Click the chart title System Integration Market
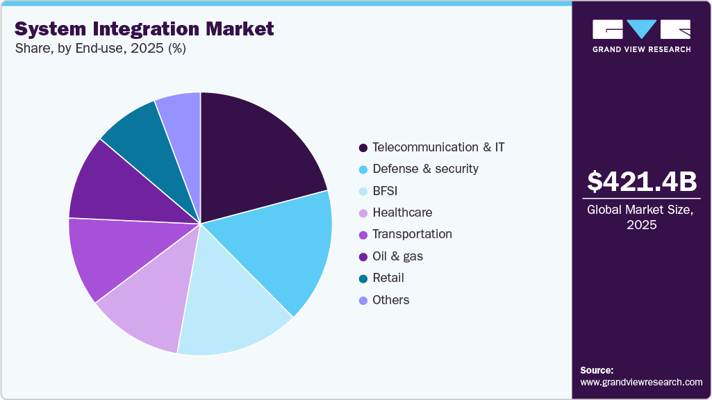[144, 29]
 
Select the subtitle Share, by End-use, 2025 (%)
[100, 49]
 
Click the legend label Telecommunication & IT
[438, 147]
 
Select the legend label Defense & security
[425, 169]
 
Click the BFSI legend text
[385, 191]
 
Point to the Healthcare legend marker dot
[363, 213]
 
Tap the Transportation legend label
[412, 234]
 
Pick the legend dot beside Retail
[363, 278]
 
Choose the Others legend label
[390, 300]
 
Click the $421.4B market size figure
[642, 181]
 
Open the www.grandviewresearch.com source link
[641, 382]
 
